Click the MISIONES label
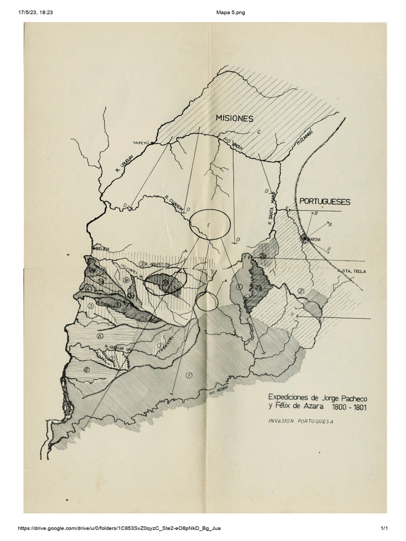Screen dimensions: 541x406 coord(234,118)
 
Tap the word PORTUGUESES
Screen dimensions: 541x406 coord(325,201)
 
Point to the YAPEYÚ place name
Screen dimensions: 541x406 coord(142,142)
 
